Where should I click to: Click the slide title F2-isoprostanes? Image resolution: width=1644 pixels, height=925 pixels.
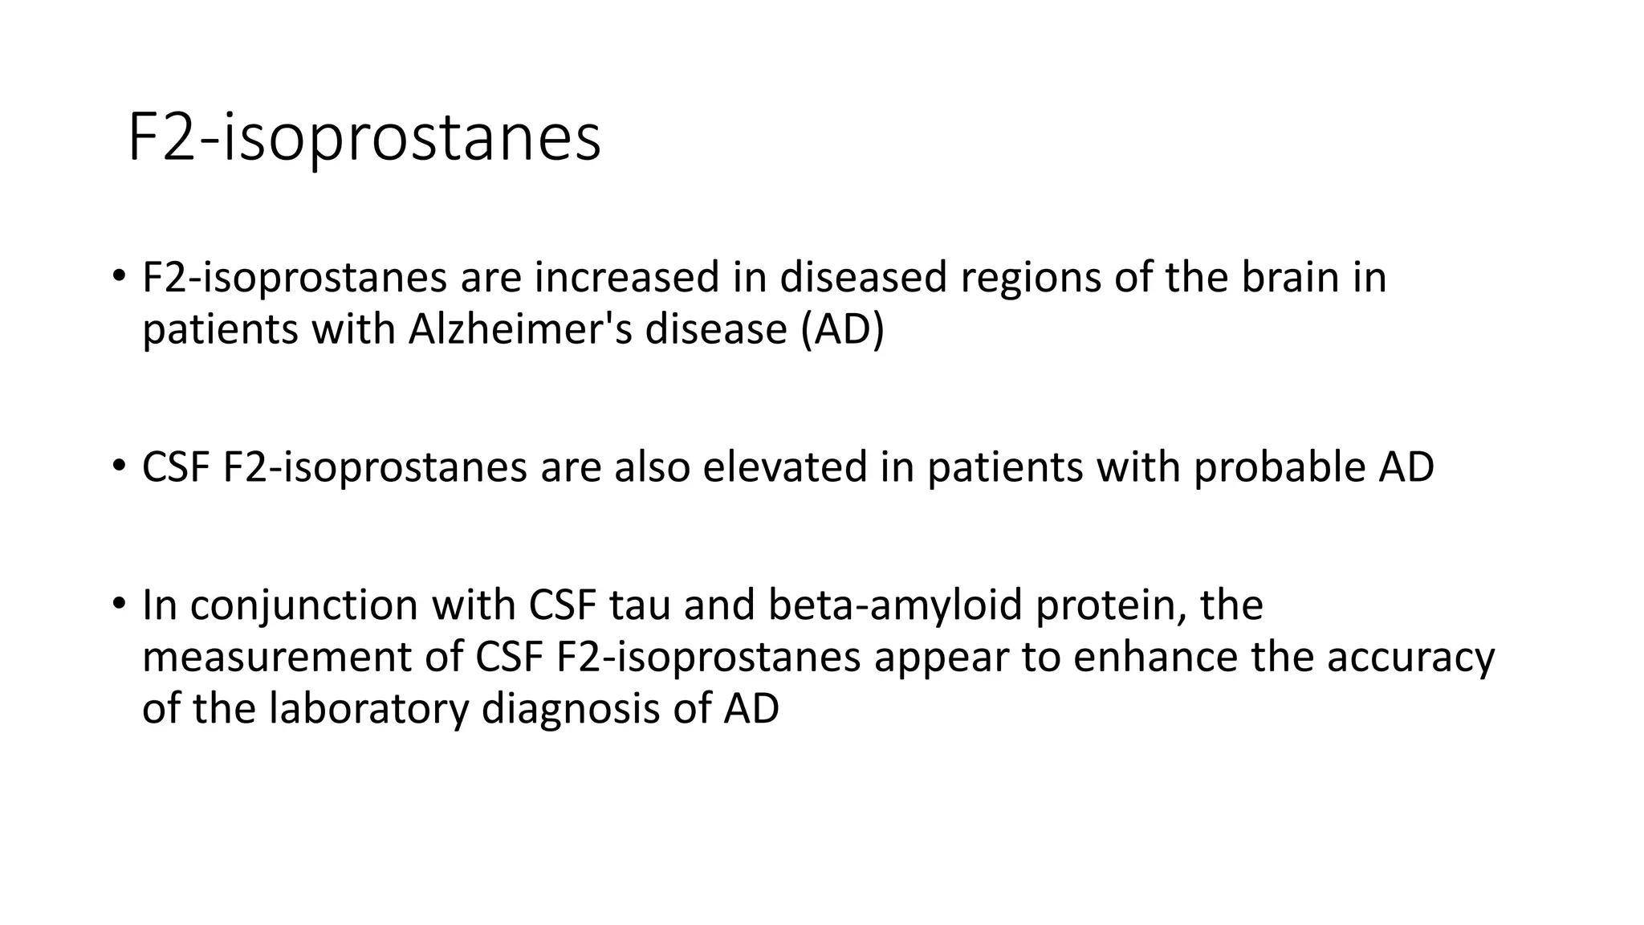click(364, 138)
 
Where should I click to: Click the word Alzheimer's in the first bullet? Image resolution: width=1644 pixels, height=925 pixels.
click(519, 329)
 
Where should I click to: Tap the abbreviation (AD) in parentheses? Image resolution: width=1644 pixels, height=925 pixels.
click(842, 329)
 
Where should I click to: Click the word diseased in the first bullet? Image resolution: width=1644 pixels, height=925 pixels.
click(863, 277)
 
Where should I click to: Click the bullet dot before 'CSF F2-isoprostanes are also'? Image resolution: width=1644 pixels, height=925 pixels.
click(119, 465)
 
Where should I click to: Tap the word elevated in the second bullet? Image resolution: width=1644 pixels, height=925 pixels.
click(784, 467)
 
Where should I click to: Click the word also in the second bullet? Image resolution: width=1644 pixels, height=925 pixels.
click(651, 467)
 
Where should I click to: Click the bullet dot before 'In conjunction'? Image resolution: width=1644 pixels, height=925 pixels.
click(119, 603)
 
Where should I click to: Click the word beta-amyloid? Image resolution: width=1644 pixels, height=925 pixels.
click(894, 606)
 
